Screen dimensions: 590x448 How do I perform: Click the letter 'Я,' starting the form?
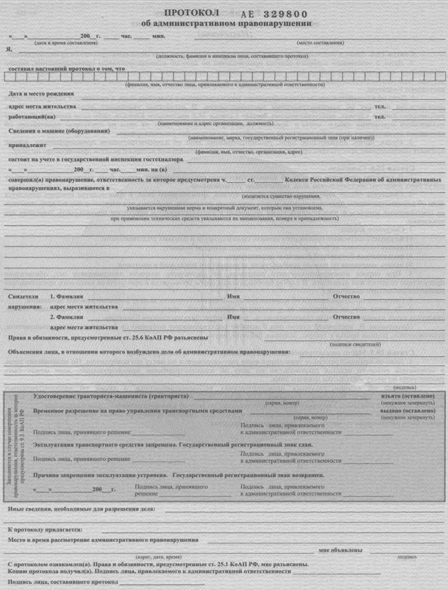(x=9, y=49)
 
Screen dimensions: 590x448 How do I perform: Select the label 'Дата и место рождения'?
(x=41, y=94)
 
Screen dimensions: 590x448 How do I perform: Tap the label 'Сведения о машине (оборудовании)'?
(x=59, y=131)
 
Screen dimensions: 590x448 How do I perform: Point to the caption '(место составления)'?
(x=320, y=43)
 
